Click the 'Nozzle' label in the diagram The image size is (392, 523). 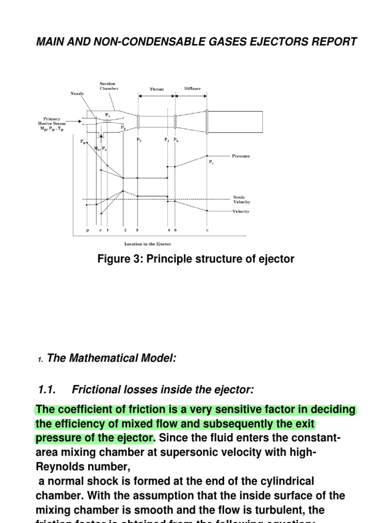pos(77,93)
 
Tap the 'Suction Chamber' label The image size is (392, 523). pos(108,86)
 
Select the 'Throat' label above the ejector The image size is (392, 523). pos(157,89)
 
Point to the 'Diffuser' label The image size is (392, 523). pos(192,88)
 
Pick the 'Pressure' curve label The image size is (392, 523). pos(241,156)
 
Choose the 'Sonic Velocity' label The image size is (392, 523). pos(241,199)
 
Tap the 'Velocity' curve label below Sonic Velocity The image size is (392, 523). pos(241,211)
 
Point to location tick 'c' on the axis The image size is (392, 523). pos(207,230)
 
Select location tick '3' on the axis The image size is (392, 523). pos(137,230)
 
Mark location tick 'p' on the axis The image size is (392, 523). pos(87,230)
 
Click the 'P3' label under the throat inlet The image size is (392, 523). pos(139,139)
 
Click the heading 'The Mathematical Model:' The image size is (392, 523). pos(112,359)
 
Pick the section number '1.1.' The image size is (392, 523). pos(48,390)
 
